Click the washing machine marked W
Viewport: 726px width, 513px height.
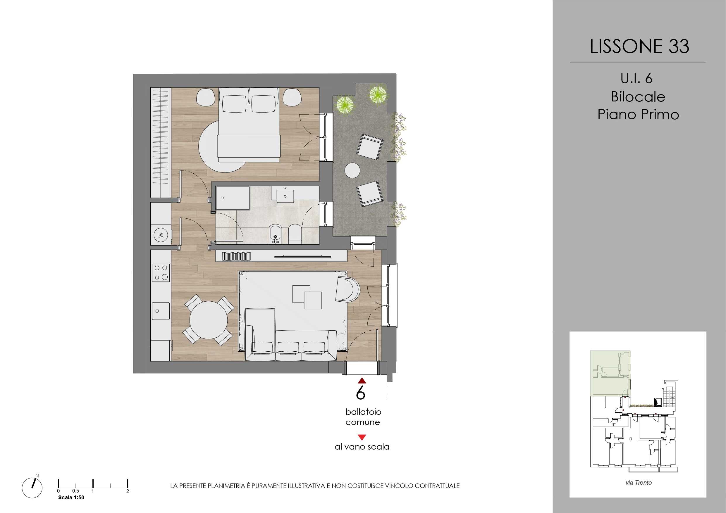161,235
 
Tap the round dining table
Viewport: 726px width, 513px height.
209,320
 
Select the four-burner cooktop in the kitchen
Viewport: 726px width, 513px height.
161,273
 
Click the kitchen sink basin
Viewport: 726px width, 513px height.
161,311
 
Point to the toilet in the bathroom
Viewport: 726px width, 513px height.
295,234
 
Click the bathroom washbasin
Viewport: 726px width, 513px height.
285,196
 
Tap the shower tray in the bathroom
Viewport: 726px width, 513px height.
233,198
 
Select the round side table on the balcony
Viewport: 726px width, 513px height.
352,171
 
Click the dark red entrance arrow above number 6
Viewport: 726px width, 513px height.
362,381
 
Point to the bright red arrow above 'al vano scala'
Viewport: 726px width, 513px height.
362,438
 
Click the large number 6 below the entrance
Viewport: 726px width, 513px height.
360,393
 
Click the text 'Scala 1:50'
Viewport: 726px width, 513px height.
71,497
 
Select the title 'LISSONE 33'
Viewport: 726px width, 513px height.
639,46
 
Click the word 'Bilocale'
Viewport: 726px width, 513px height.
638,97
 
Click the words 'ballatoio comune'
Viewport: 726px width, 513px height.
363,417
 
